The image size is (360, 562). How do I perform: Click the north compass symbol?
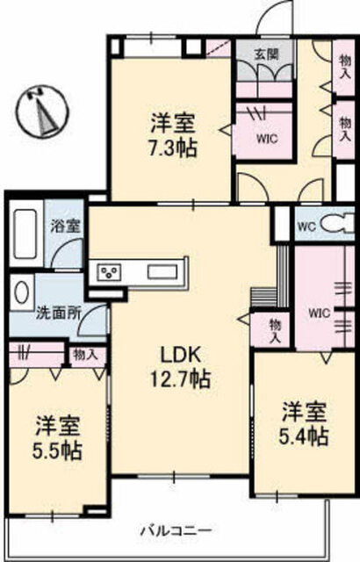[x=43, y=111]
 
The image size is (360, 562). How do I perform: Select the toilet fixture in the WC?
[x=338, y=224]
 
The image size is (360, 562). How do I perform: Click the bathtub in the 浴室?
[x=25, y=234]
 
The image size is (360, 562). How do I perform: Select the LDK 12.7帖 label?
[x=180, y=367]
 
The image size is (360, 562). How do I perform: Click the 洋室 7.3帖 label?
[x=173, y=135]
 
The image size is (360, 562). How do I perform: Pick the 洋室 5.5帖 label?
[x=57, y=437]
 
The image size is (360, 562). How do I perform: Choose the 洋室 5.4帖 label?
[x=304, y=423]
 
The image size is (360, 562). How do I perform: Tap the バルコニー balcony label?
[x=176, y=530]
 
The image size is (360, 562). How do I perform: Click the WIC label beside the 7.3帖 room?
[x=267, y=139]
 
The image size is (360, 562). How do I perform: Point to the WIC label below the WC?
[x=319, y=313]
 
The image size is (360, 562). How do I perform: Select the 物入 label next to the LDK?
[x=276, y=331]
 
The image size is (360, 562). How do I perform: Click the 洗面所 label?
[x=58, y=313]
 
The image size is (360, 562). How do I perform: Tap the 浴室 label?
[x=65, y=227]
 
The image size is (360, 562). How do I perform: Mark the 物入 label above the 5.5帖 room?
[x=85, y=355]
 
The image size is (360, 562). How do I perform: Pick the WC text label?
[x=307, y=227]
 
